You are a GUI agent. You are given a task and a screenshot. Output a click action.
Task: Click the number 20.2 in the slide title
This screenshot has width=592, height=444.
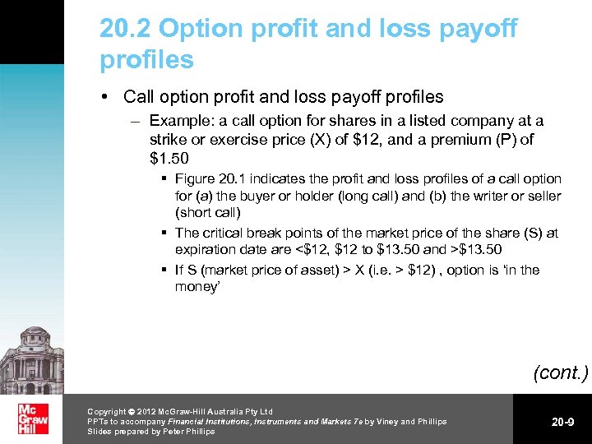[x=125, y=29]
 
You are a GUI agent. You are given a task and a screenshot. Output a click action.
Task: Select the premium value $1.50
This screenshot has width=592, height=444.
[x=169, y=157]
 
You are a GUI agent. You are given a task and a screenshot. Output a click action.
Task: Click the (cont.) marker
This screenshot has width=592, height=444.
[x=560, y=372]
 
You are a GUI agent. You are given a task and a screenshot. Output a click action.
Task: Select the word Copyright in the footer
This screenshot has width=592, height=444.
[x=107, y=411]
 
